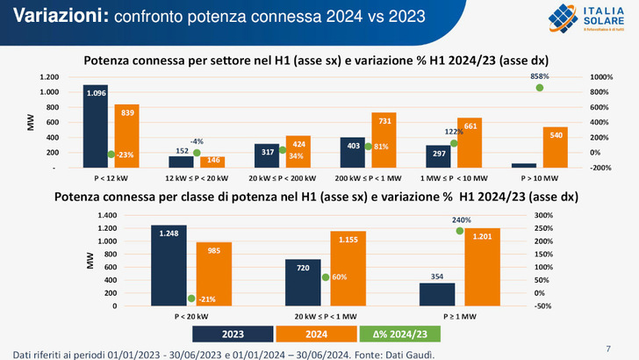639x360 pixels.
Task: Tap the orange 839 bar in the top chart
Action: point(126,136)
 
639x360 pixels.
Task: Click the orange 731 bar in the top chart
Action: point(384,140)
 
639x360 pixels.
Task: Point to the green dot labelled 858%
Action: point(540,88)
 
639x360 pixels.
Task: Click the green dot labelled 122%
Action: point(454,143)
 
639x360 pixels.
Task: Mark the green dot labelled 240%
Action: point(459,231)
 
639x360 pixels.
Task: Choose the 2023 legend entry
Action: point(233,334)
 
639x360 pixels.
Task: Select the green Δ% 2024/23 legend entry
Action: point(395,334)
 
